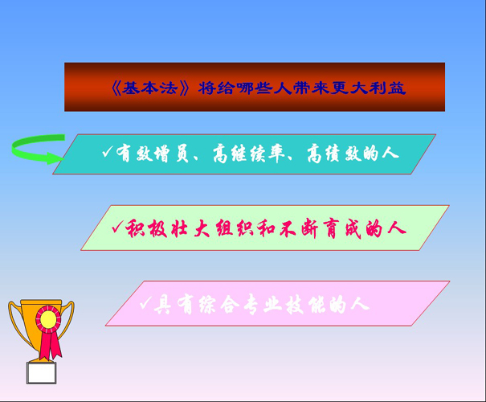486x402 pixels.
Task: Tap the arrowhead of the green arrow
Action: point(55,158)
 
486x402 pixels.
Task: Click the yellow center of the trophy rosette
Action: point(48,319)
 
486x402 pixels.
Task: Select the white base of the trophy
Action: point(41,373)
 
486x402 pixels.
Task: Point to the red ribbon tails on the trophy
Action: point(51,345)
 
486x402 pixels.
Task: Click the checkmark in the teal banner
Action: point(108,152)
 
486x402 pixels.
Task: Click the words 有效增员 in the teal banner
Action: point(153,154)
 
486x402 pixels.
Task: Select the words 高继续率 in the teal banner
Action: point(249,154)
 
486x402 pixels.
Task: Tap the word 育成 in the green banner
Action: point(342,228)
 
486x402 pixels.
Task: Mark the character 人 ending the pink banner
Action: point(361,304)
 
